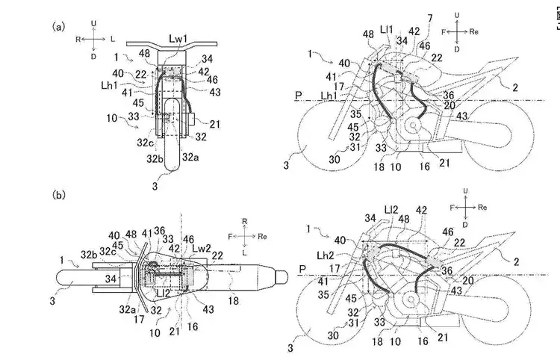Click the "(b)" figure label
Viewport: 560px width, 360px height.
coord(57,196)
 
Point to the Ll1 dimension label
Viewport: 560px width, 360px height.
coord(387,29)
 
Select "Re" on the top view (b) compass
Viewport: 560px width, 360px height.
coord(256,236)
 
